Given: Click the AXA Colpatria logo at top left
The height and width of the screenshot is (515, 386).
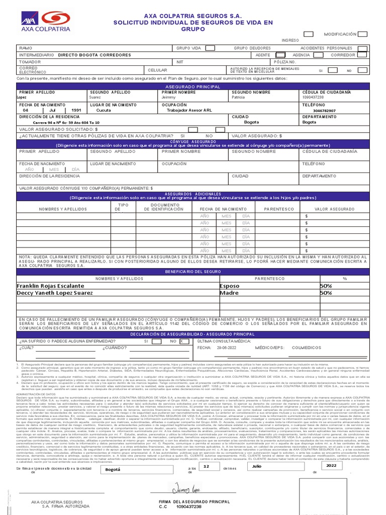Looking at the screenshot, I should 46,21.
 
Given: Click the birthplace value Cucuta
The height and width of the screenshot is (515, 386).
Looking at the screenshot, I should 104,110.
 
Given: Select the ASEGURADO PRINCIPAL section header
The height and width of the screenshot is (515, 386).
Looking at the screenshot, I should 194,87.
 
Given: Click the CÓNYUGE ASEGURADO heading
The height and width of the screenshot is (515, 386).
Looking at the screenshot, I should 194,142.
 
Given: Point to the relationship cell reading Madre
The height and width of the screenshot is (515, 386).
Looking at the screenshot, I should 229,293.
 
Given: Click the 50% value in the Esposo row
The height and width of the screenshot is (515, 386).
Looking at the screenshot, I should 326,286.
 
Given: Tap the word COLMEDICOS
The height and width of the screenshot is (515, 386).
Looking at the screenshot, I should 306,348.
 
